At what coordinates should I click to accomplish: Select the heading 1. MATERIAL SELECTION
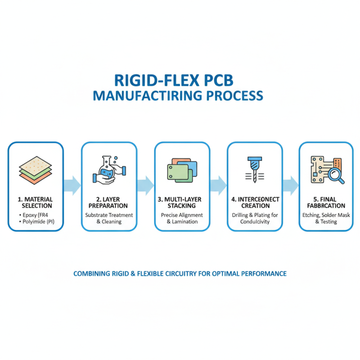point(36,202)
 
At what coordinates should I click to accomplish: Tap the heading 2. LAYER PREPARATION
point(109,202)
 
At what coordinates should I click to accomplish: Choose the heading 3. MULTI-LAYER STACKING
point(182,202)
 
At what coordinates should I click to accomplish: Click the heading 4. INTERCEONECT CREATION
point(255,202)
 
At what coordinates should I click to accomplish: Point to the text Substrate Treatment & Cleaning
point(109,218)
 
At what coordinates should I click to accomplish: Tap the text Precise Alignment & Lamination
point(182,218)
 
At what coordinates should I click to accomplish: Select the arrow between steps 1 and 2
point(72,184)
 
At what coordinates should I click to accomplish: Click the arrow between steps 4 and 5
point(291,184)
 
